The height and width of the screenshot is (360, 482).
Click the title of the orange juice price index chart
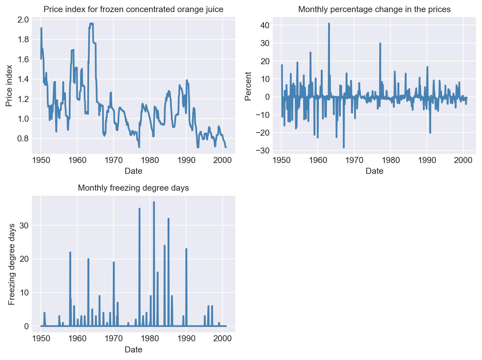[133, 10]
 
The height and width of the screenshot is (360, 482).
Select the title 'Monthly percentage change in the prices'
[374, 10]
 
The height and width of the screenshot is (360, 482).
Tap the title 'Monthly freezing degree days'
[133, 188]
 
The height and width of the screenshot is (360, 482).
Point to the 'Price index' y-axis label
[9, 86]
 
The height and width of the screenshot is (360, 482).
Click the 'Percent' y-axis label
[248, 86]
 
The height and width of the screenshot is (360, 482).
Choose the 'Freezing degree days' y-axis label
[11, 264]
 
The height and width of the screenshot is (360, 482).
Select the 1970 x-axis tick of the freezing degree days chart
[114, 338]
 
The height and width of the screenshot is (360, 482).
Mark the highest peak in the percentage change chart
[329, 23]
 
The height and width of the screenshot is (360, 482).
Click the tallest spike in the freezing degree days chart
[154, 202]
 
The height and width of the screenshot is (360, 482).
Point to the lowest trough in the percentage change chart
[344, 147]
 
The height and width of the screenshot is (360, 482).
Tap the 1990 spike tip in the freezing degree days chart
[186, 249]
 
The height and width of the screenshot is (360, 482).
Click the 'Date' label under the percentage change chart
[374, 171]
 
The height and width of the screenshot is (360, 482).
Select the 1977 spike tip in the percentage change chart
[380, 43]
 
